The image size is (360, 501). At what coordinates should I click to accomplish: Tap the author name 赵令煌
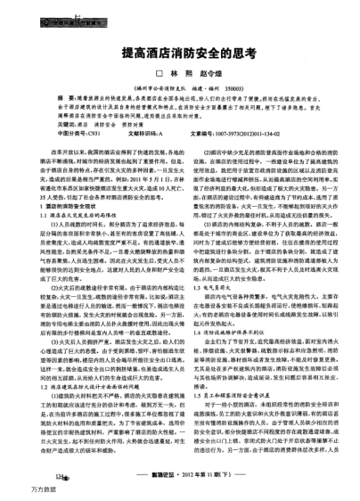pyautogui.click(x=206, y=74)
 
